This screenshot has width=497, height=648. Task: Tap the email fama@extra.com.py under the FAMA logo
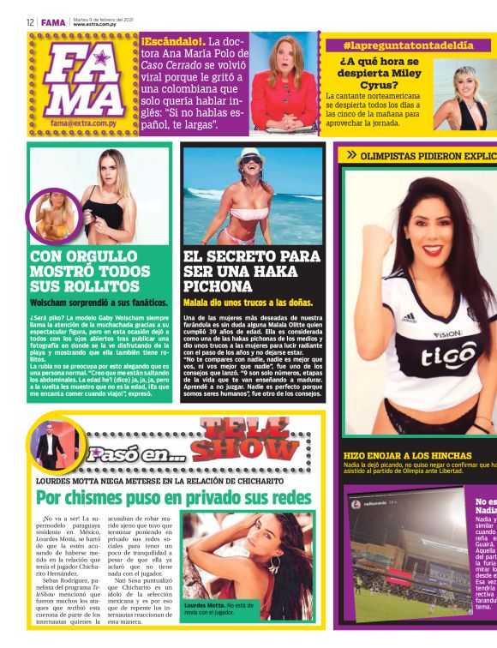click(x=82, y=123)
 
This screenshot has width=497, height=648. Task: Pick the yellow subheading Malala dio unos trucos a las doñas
click(x=248, y=303)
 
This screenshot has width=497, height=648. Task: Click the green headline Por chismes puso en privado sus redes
click(x=173, y=498)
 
